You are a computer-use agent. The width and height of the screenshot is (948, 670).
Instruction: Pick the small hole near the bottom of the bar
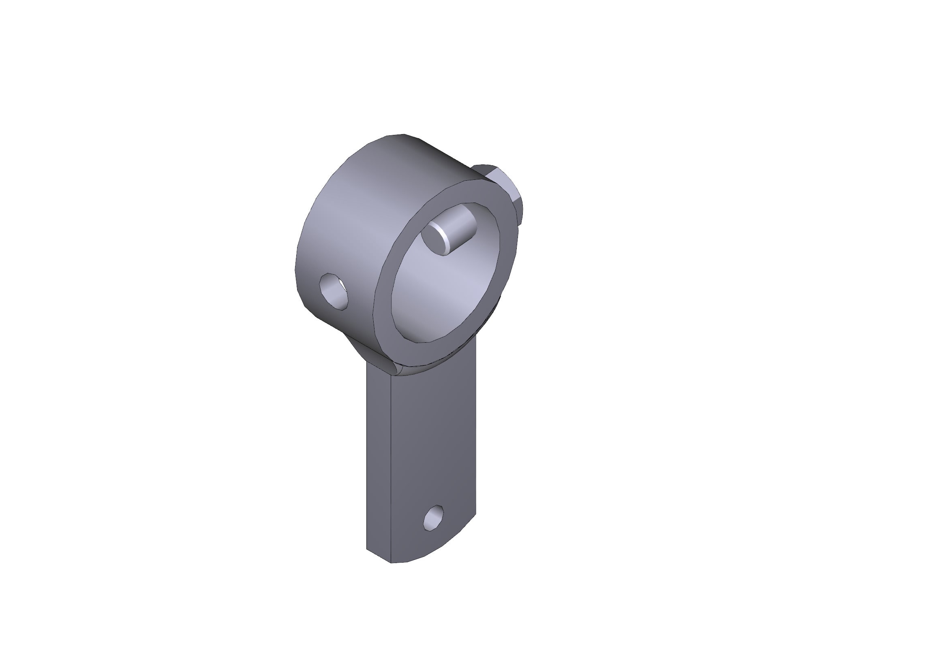pyautogui.click(x=434, y=519)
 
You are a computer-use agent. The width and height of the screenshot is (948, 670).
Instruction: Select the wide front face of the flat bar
pyautogui.click(x=434, y=433)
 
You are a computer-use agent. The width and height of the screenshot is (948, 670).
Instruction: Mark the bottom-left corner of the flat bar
pyautogui.click(x=367, y=549)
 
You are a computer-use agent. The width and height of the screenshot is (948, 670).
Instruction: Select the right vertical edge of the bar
pyautogui.click(x=476, y=433)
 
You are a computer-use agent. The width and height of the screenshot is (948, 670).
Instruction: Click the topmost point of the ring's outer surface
pyautogui.click(x=398, y=134)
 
